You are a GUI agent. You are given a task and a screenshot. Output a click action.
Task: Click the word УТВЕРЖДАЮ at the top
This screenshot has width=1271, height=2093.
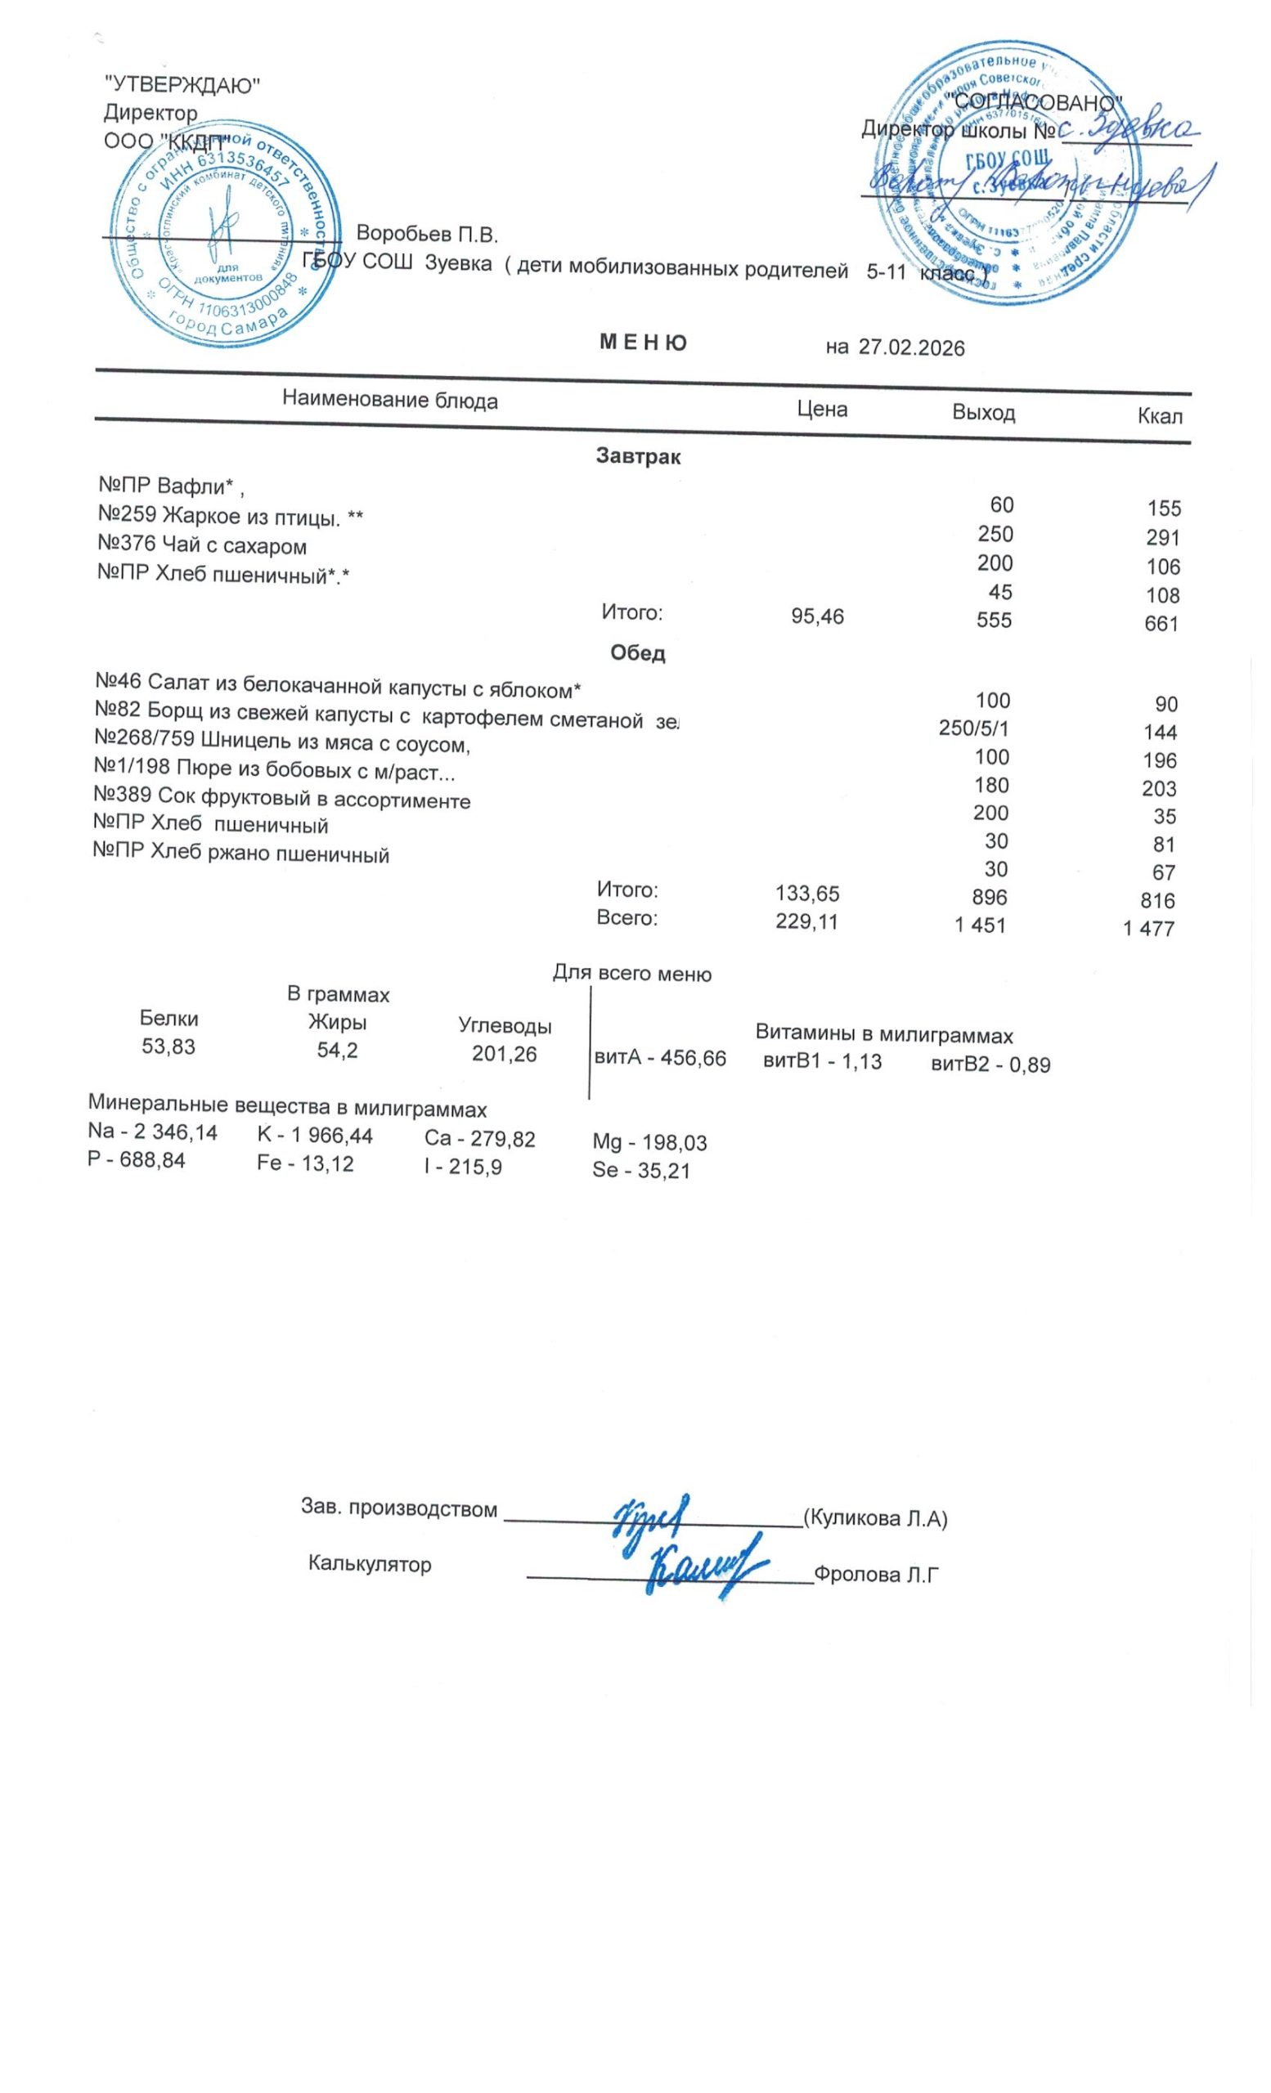[x=181, y=85]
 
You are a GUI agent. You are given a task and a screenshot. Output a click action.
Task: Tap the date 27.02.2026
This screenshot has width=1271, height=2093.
[x=911, y=347]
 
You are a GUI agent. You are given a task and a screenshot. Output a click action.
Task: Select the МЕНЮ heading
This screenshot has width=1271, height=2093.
[x=643, y=343]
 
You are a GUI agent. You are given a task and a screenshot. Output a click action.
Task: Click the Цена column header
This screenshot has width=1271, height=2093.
[x=821, y=410]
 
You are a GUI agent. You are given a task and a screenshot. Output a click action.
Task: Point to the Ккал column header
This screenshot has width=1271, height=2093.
[x=1160, y=416]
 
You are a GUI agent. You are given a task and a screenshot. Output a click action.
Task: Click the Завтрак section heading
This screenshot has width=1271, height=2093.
[x=638, y=457]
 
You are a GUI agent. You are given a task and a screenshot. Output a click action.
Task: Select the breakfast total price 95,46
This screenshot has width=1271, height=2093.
[x=817, y=616]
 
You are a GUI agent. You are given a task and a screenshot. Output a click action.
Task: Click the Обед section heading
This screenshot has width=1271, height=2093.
[x=637, y=653]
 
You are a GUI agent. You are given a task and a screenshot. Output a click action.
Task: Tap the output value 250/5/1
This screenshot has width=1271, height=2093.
[x=973, y=728]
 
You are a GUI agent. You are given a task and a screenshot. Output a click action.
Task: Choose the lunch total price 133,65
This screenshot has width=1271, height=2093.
[x=807, y=894]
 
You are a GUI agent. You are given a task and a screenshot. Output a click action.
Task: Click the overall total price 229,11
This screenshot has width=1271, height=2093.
[x=806, y=921]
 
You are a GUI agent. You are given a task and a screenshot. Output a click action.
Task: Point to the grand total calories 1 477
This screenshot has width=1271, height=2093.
[x=1147, y=929]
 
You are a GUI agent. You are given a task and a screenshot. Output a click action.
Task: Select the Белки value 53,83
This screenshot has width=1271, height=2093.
[x=168, y=1046]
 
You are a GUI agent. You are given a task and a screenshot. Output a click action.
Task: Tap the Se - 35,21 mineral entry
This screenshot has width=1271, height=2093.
[x=640, y=1172]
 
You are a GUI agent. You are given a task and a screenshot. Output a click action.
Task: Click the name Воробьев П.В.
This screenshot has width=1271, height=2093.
[x=426, y=234]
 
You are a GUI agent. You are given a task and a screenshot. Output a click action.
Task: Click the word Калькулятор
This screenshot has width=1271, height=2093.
[x=370, y=1565]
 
